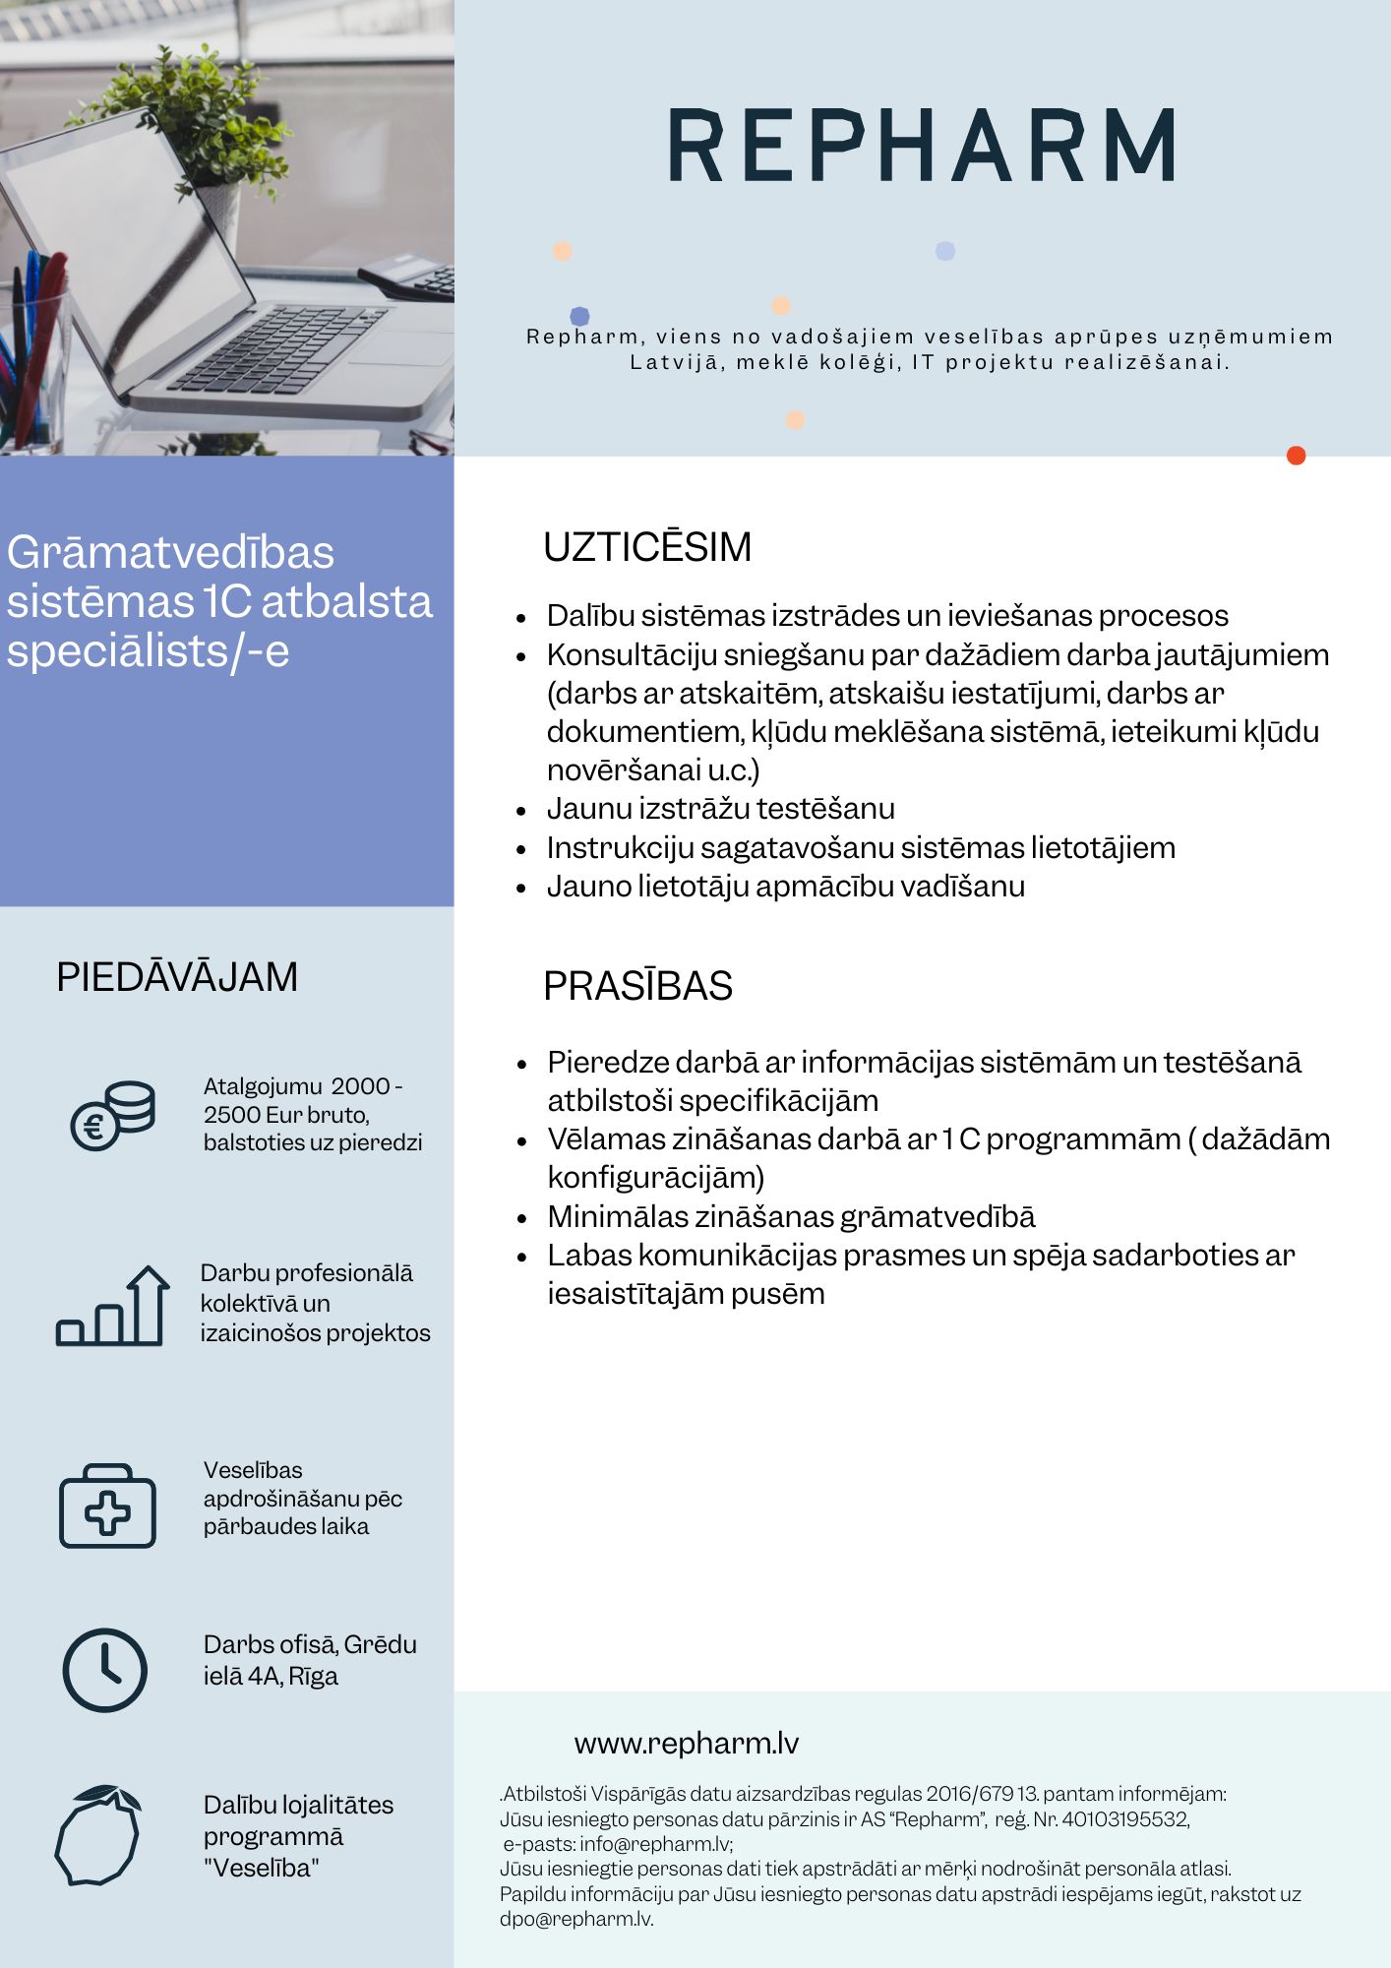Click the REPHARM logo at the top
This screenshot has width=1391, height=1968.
point(922,145)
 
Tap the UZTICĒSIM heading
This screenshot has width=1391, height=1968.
point(647,547)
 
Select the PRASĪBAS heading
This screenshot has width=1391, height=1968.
point(637,986)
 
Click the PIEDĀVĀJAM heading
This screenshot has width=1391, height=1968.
point(177,977)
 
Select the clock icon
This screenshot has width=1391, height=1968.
point(105,1670)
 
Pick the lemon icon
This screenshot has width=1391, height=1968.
point(98,1834)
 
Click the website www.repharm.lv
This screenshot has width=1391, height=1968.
point(686,1744)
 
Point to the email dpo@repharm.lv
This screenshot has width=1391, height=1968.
point(576,1919)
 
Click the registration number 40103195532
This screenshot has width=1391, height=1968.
point(1125,1819)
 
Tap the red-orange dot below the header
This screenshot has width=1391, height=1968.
point(1296,456)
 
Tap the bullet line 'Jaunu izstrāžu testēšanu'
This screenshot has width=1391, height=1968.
point(721,809)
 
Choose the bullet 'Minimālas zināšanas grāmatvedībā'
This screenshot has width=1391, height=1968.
point(791,1217)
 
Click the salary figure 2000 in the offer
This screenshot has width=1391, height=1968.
point(360,1086)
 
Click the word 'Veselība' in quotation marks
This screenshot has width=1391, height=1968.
point(262,1868)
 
